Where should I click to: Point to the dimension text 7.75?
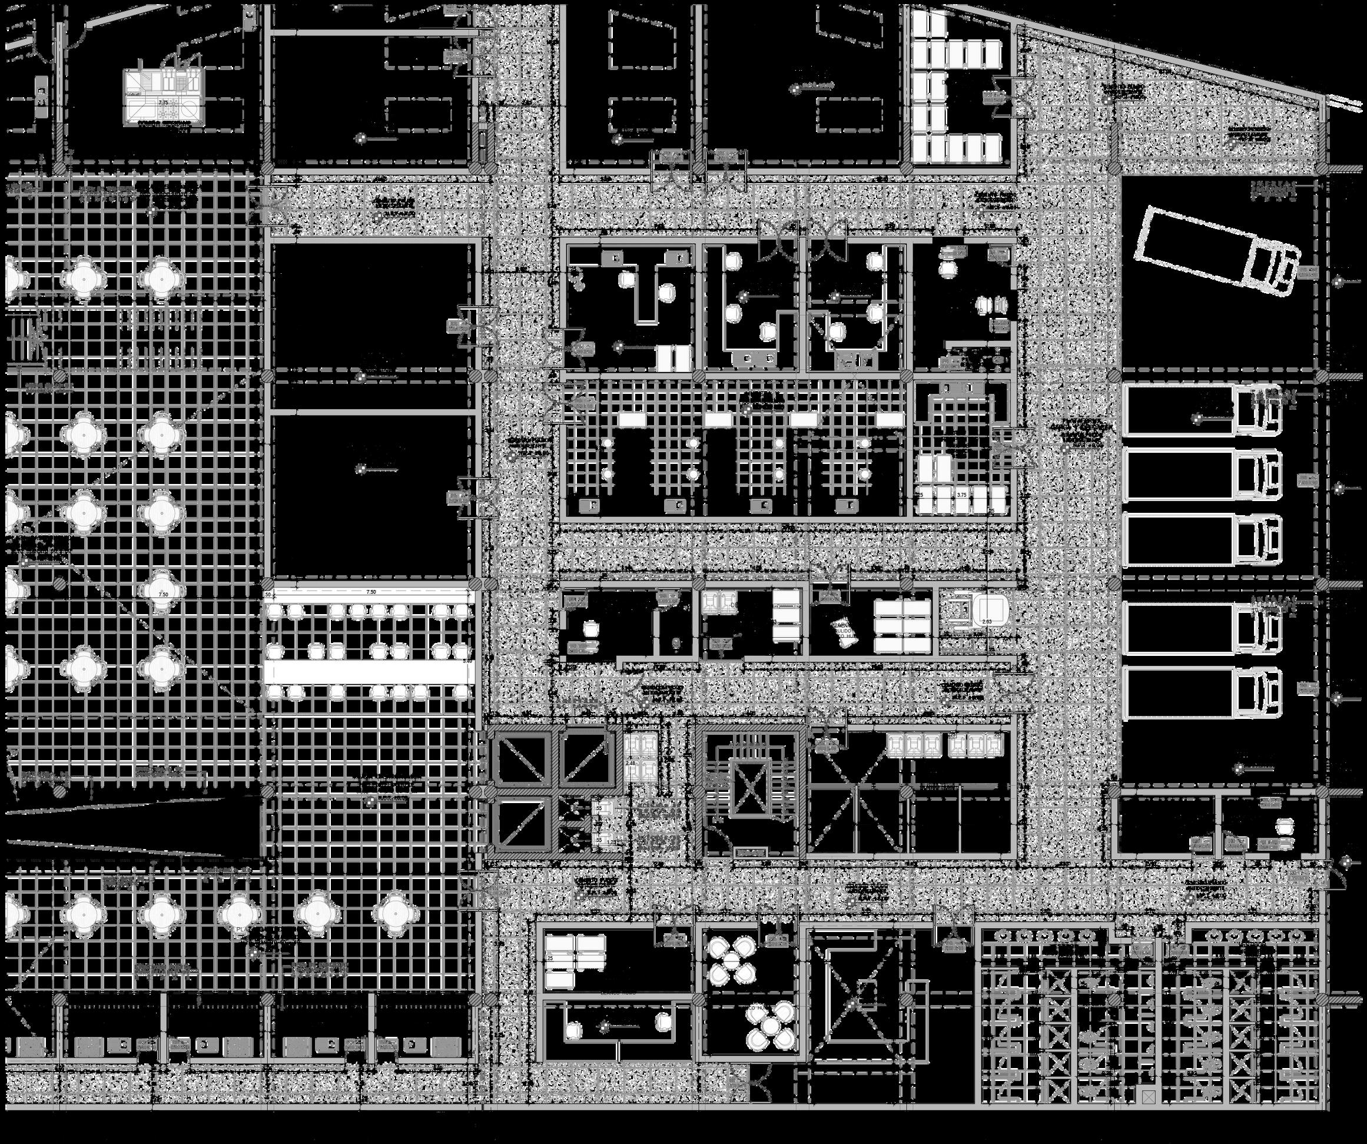point(164,103)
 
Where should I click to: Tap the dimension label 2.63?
point(987,622)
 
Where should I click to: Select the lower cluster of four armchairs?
point(772,1026)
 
